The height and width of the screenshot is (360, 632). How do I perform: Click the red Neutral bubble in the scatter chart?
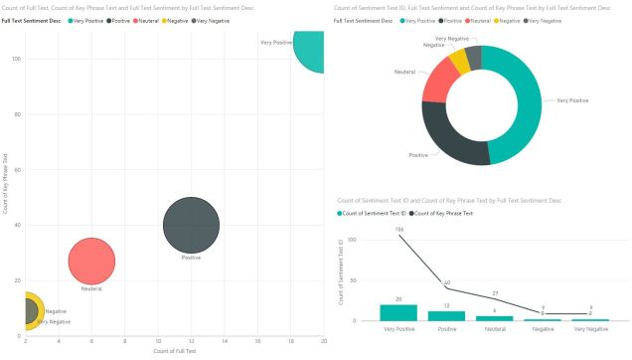click(91, 261)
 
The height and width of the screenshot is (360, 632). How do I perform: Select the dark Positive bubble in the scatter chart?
click(191, 225)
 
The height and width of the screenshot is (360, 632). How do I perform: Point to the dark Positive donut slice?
click(452, 138)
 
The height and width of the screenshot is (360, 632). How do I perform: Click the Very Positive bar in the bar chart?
click(398, 312)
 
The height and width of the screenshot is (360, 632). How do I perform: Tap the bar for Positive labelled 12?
click(446, 315)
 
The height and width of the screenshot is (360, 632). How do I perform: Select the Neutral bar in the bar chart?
click(495, 318)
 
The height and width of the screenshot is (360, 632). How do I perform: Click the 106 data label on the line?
click(398, 230)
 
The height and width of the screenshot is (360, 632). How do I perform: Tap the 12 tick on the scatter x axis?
click(191, 342)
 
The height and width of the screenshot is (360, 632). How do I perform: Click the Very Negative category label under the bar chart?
click(591, 328)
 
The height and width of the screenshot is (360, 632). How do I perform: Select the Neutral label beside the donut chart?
click(404, 73)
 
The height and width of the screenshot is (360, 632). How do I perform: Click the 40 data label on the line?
click(446, 283)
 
